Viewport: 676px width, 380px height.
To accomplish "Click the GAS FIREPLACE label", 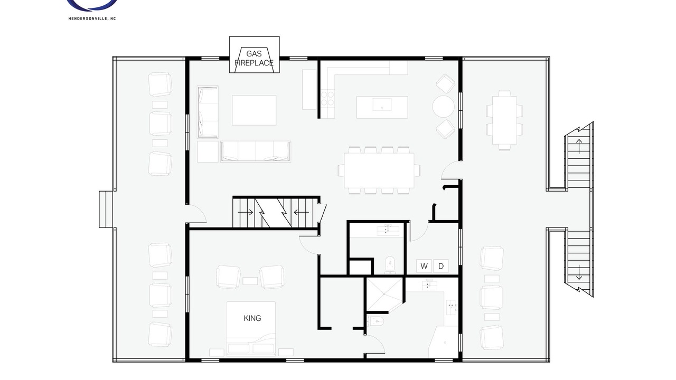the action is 254,58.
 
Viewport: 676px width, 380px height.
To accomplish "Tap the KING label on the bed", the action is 252,318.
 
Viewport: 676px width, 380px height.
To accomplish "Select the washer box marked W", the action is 424,266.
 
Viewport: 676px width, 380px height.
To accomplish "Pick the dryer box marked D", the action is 441,266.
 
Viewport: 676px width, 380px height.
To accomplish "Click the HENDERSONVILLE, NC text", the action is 92,18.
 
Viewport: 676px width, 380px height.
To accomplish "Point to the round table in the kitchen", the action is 443,107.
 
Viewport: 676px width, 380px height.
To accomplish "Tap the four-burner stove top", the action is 327,99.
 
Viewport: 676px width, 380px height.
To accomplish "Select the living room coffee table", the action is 254,110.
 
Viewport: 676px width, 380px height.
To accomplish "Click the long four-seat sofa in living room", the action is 256,151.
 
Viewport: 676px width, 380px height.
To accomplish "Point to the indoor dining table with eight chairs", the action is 379,170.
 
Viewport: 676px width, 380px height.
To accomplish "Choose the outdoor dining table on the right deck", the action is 504,120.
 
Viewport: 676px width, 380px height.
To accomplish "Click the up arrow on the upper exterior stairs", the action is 579,147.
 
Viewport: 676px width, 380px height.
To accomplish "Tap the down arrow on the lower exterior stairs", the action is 579,272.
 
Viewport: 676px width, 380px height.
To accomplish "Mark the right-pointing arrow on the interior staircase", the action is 246,212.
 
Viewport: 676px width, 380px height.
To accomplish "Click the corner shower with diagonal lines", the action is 384,294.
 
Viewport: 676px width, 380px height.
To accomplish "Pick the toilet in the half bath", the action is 390,264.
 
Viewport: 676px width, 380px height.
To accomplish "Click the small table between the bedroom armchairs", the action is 250,281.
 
